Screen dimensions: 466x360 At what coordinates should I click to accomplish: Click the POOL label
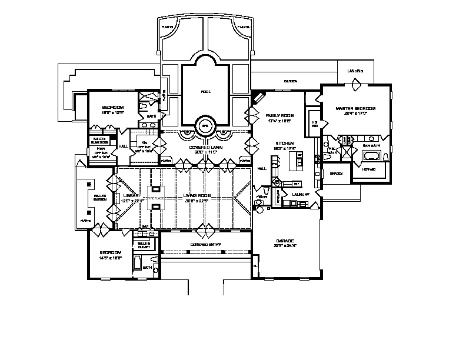205,92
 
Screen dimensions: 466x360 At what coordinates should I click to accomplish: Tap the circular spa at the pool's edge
205,125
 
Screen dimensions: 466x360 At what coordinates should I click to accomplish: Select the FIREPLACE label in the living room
157,198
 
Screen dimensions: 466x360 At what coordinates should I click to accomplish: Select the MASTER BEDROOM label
355,109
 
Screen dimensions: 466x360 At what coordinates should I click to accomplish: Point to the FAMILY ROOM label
279,115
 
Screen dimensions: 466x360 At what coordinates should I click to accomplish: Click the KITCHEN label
285,144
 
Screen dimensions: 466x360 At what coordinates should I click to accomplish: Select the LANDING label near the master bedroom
355,71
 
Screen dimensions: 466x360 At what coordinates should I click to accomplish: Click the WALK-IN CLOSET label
144,244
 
